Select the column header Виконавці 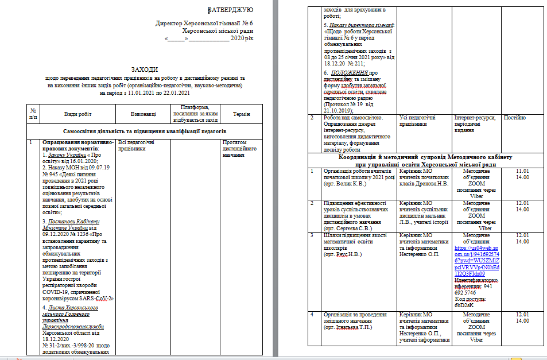pyautogui.click(x=143, y=114)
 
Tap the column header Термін pyautogui.click(x=241, y=114)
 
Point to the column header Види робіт pyautogui.click(x=77, y=114)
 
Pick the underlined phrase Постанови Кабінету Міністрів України pyautogui.click(x=72, y=225)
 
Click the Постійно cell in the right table pyautogui.click(x=514, y=118)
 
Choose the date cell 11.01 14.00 pyautogui.click(x=523, y=174)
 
